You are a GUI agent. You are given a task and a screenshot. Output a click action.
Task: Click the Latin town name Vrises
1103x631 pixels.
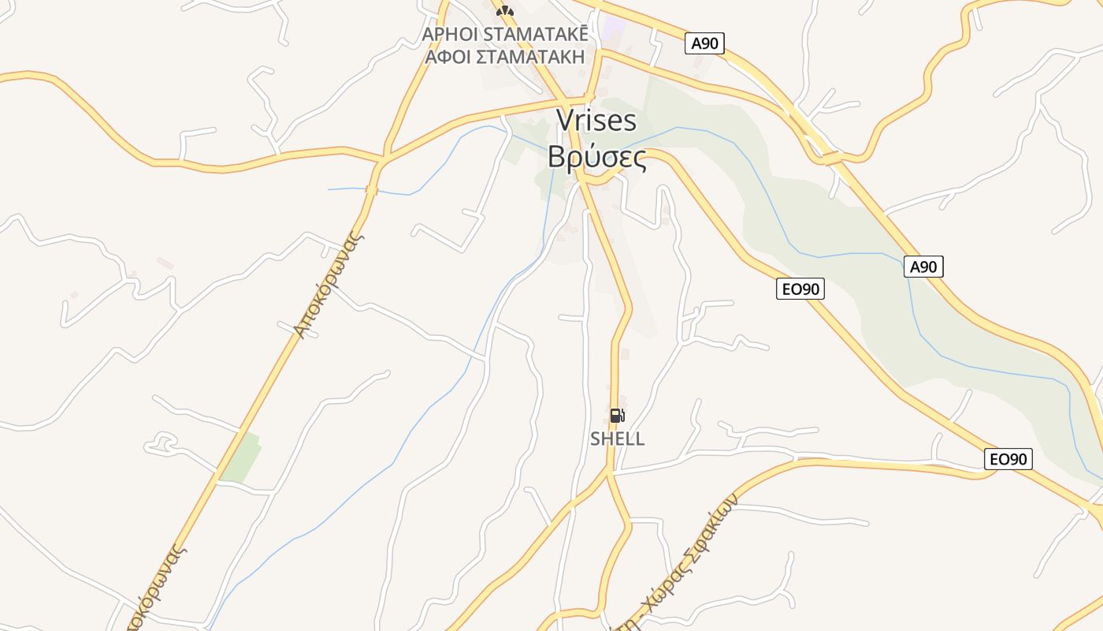596,120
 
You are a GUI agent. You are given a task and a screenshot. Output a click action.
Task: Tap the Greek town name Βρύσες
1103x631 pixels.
597,157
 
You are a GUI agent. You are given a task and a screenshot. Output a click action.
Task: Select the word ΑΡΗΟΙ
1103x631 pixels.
450,35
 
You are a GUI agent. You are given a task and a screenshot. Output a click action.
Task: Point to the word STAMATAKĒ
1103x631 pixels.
535,35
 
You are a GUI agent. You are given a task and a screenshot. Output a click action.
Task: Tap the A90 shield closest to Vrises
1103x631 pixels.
704,43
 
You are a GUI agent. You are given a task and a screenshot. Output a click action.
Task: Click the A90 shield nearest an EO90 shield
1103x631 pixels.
923,267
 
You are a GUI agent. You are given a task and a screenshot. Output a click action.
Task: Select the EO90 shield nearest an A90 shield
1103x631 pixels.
800,289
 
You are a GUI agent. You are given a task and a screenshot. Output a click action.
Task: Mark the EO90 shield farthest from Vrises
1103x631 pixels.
1008,459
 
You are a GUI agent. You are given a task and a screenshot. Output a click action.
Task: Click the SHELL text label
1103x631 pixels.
618,439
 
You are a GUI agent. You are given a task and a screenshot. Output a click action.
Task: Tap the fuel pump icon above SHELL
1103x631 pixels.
617,416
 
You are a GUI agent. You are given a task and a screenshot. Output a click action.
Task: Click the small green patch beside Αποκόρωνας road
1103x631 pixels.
241,457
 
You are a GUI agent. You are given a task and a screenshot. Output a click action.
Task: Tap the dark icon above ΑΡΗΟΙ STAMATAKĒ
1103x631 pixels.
504,10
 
